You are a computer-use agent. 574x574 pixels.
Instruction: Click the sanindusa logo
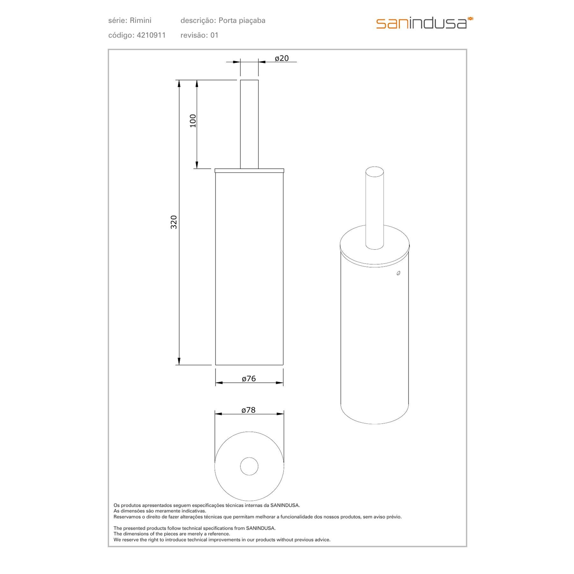click(424, 23)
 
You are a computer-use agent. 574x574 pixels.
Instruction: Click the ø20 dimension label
click(282, 58)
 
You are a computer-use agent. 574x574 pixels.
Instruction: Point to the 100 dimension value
click(193, 121)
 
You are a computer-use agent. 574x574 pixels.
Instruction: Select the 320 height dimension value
click(173, 222)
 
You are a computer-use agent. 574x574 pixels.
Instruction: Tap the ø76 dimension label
click(249, 379)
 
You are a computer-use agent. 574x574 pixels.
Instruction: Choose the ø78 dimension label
click(248, 410)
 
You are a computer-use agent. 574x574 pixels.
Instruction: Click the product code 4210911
click(151, 35)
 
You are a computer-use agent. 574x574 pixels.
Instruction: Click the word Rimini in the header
click(141, 21)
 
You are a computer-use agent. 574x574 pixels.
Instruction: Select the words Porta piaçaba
click(242, 21)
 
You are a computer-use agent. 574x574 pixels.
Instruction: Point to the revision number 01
click(214, 35)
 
